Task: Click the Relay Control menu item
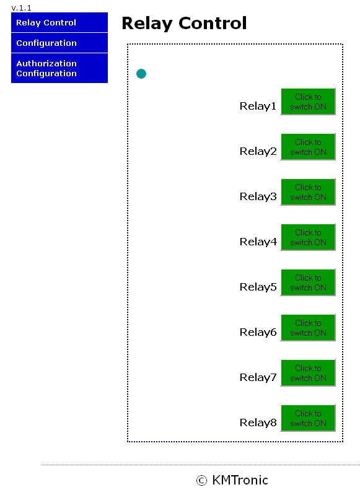[59, 22]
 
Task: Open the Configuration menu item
[59, 43]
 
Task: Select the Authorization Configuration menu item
[59, 68]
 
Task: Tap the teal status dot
[141, 74]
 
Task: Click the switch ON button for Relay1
[308, 102]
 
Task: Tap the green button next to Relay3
[308, 192]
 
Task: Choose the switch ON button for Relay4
[308, 237]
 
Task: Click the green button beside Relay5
[308, 283]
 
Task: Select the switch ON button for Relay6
[308, 328]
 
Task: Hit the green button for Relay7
[308, 373]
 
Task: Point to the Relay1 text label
[258, 106]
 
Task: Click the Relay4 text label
[258, 242]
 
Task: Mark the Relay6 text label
[258, 332]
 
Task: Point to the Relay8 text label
[258, 423]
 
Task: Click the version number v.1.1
[21, 8]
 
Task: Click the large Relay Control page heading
[184, 23]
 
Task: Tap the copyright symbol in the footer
[201, 481]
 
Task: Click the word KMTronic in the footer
[240, 480]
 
